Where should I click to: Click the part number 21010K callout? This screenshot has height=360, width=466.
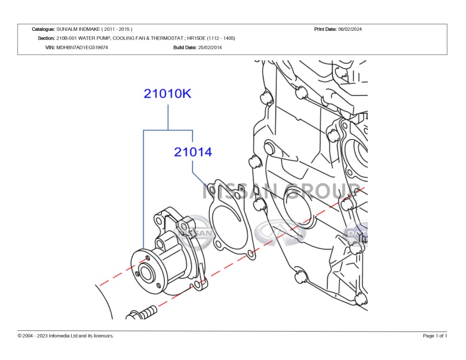167,93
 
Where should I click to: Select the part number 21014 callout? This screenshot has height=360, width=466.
193,152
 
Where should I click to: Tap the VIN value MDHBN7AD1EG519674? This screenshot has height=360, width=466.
82,47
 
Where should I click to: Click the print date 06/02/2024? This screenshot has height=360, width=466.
350,29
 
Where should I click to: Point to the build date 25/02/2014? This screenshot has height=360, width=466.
210,47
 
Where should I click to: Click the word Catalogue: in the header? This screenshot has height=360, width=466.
43,29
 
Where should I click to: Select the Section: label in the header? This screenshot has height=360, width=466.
46,38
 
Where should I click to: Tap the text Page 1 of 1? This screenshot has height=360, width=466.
435,336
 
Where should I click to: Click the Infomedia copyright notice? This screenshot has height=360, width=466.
65,336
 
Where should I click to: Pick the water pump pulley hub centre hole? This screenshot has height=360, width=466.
146,273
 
